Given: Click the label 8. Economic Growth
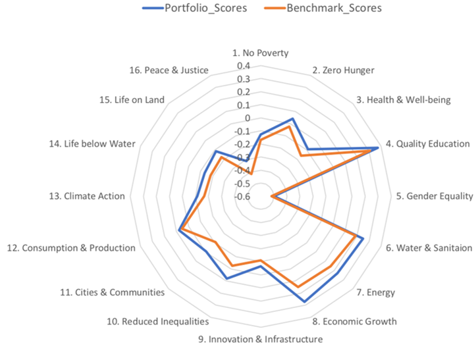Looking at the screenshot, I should point(355,322).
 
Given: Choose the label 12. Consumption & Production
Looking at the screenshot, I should point(71,248).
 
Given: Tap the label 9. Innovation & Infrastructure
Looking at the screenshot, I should point(260,340).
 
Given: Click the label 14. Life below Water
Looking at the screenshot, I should point(92,144).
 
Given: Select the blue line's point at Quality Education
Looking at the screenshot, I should point(378,148).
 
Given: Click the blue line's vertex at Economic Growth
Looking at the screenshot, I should point(305,301).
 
